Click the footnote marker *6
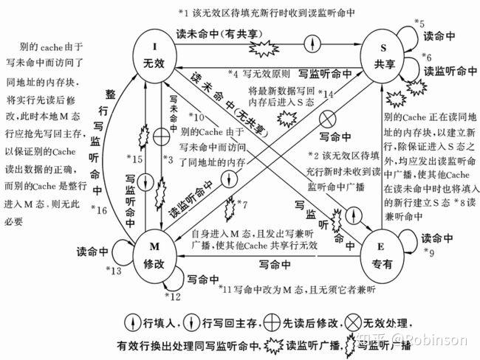pos(426,56)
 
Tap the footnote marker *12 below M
pos(171,297)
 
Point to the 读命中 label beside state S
pos(450,35)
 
